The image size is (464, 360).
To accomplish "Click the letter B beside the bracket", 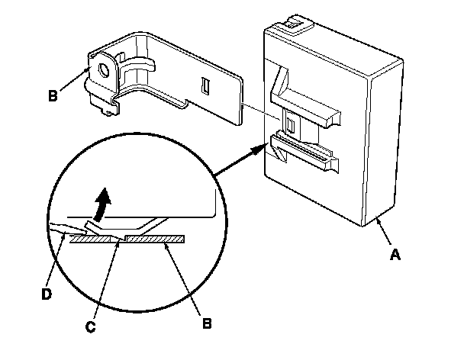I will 52,97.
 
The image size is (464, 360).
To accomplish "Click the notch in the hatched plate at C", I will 118,239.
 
